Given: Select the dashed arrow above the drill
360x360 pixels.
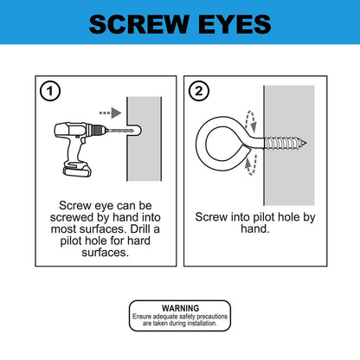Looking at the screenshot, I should click(x=106, y=112).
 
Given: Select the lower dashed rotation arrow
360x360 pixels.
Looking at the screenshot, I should click(x=248, y=165).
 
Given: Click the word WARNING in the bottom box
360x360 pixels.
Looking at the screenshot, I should click(x=179, y=308).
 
